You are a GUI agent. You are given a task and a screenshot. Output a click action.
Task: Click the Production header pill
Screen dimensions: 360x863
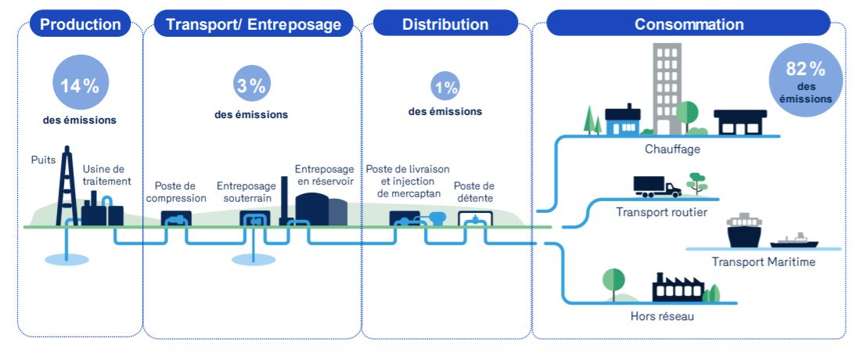pyautogui.click(x=81, y=24)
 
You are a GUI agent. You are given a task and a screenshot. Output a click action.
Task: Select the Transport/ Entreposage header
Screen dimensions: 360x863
pyautogui.click(x=254, y=24)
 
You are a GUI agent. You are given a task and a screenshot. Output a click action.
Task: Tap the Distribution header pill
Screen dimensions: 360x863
pyautogui.click(x=445, y=24)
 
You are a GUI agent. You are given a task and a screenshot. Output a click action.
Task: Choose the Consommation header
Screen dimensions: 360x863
pyautogui.click(x=689, y=24)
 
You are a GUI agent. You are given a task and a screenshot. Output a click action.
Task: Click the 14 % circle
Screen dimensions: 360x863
pyautogui.click(x=80, y=85)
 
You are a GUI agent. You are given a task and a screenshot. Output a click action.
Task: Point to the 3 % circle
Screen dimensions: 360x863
pyautogui.click(x=251, y=86)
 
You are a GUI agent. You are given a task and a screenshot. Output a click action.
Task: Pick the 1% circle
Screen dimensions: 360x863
pyautogui.click(x=445, y=88)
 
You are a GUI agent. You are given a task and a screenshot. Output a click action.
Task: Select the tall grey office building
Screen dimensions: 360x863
pyautogui.click(x=667, y=86)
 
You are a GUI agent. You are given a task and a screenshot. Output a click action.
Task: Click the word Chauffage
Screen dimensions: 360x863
pyautogui.click(x=672, y=149)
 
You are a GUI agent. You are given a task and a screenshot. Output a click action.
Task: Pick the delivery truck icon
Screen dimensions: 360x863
pyautogui.click(x=656, y=186)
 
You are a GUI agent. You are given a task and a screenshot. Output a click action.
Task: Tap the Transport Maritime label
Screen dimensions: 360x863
pyautogui.click(x=764, y=261)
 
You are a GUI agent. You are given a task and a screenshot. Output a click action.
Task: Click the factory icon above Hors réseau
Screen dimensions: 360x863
pyautogui.click(x=678, y=288)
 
